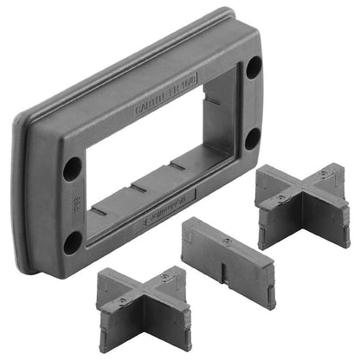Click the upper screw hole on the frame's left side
pos(72,167)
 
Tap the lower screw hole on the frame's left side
pos(73,241)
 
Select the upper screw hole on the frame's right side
pos(253,67)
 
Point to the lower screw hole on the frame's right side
pos(252,138)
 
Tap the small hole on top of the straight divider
pos(226,239)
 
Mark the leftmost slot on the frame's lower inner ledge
pos(100,210)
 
